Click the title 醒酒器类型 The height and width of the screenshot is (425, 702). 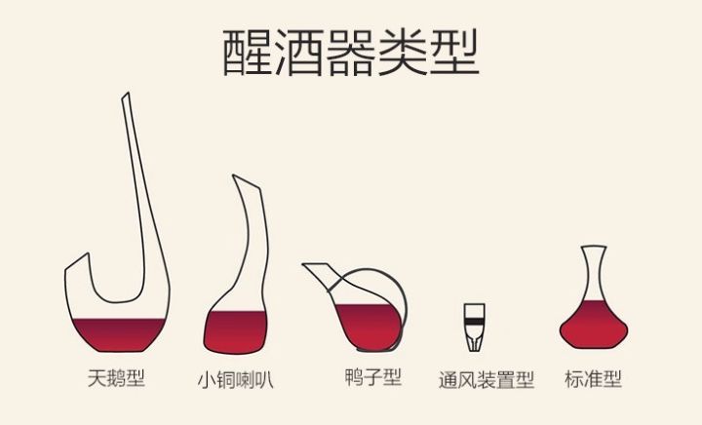click(x=351, y=53)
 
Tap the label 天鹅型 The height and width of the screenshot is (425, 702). click(x=116, y=378)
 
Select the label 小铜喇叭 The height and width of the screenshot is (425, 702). click(x=236, y=380)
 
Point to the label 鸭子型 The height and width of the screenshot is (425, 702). click(x=372, y=377)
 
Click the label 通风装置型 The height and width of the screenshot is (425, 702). click(x=487, y=380)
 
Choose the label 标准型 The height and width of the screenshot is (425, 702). click(x=593, y=379)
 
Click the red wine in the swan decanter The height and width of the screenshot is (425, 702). click(x=119, y=334)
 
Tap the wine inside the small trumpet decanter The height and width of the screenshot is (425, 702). click(x=236, y=332)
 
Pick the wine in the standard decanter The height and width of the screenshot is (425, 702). click(x=594, y=325)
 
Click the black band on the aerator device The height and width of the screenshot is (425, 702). click(x=475, y=321)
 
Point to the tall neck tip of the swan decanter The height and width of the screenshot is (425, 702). click(x=126, y=97)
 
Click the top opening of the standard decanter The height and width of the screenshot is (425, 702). click(x=594, y=247)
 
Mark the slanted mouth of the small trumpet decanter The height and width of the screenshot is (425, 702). click(x=246, y=181)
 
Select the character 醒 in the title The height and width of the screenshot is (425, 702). click(x=247, y=53)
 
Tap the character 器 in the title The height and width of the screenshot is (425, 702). click(x=351, y=53)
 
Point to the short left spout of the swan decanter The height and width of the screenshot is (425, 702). click(x=77, y=261)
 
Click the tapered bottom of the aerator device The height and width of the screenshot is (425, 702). click(x=475, y=344)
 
